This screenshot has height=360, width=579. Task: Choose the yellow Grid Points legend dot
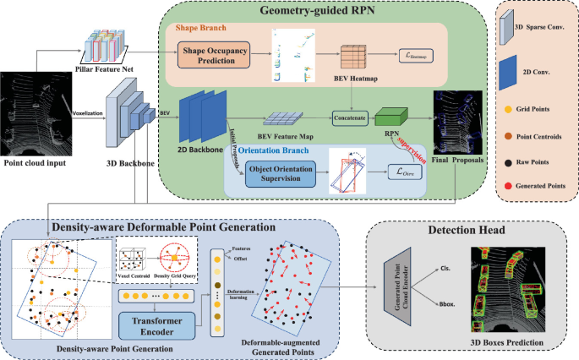coord(506,109)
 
